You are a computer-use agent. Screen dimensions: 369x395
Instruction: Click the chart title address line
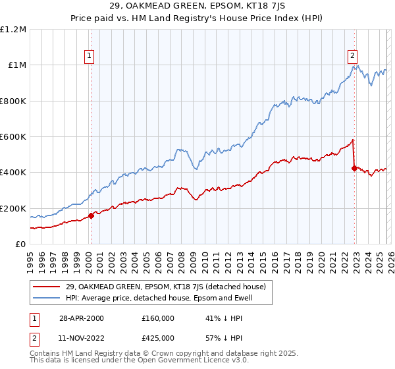coord(197,7)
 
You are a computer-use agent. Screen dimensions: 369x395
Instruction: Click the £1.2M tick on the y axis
coord(14,29)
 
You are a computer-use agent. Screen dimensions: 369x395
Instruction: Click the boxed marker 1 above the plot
coord(89,56)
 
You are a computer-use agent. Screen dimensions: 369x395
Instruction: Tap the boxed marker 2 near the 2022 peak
coord(353,56)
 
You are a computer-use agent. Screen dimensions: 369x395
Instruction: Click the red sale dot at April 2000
coord(91,215)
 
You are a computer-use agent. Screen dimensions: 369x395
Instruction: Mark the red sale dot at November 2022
coord(354,168)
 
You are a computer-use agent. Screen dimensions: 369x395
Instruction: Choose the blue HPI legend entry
coord(158,298)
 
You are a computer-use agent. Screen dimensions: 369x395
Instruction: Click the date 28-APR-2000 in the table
coord(81,318)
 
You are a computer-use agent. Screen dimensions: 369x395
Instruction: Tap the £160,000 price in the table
coord(158,318)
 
